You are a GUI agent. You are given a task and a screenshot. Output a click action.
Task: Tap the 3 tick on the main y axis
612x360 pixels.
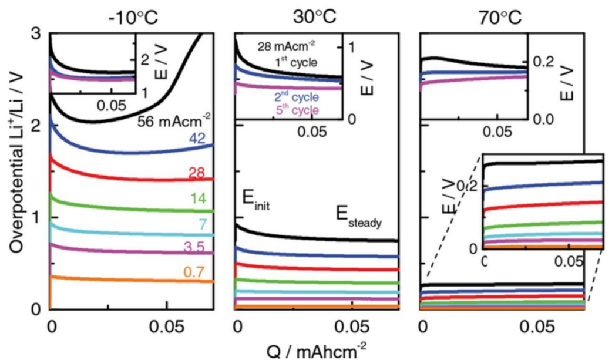(x=34, y=35)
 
